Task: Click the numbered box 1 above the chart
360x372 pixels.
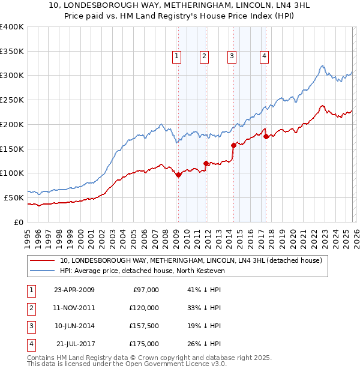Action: point(177,57)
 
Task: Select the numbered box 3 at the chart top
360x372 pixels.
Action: point(232,57)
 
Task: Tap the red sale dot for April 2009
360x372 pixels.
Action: point(178,175)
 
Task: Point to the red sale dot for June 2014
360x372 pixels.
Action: point(233,145)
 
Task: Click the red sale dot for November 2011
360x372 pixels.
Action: point(206,163)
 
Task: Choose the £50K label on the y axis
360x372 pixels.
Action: point(14,197)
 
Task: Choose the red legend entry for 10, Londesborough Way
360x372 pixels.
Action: point(191,260)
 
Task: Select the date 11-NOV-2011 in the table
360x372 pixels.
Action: point(74,308)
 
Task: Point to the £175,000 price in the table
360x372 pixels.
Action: point(143,344)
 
